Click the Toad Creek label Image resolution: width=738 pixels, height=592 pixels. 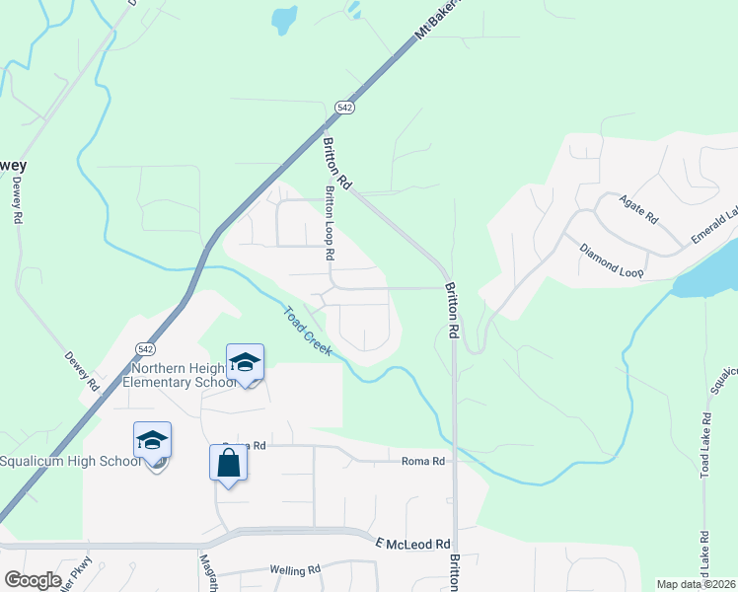pos(307,331)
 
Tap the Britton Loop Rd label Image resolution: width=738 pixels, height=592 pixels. pos(331,225)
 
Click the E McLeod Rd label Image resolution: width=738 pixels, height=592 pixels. pos(412,544)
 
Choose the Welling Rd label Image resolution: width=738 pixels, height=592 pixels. pos(295,570)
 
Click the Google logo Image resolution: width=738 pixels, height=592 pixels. pos(33,579)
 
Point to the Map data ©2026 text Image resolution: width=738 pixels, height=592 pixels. pos(696,584)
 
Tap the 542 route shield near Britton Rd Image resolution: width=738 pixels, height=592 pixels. pos(343,107)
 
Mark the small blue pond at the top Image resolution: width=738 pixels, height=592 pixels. pos(284,18)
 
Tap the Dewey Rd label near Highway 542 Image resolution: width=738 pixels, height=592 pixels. pos(83,370)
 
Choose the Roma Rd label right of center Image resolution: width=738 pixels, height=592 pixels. pos(424,461)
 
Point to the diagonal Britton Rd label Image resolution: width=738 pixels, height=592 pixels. pos(337,164)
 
